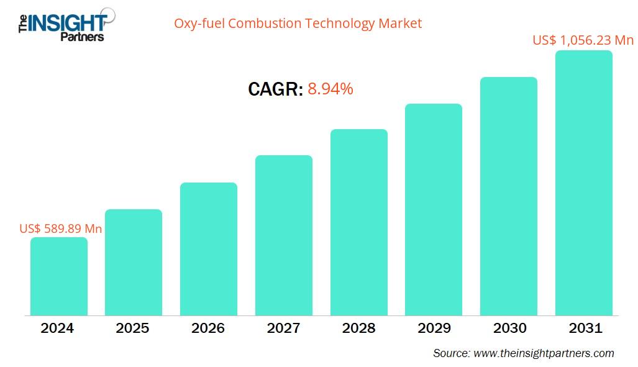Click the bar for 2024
pyautogui.click(x=59, y=276)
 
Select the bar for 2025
pyautogui.click(x=134, y=262)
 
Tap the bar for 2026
pyautogui.click(x=209, y=248)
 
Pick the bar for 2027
pyautogui.click(x=284, y=235)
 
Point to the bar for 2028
pyautogui.click(x=359, y=222)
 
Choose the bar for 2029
pyautogui.click(x=434, y=209)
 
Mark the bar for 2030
pyautogui.click(x=509, y=196)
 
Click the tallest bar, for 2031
pyautogui.click(x=584, y=183)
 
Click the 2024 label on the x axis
pyautogui.click(x=57, y=328)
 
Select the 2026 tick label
pyautogui.click(x=208, y=328)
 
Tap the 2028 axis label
pyautogui.click(x=358, y=328)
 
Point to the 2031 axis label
pyautogui.click(x=585, y=328)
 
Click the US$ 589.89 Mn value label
pyautogui.click(x=61, y=229)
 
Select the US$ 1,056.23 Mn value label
pyautogui.click(x=583, y=40)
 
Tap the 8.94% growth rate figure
pyautogui.click(x=330, y=89)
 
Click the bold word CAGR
pyautogui.click(x=275, y=90)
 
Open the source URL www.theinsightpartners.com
pyautogui.click(x=544, y=353)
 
